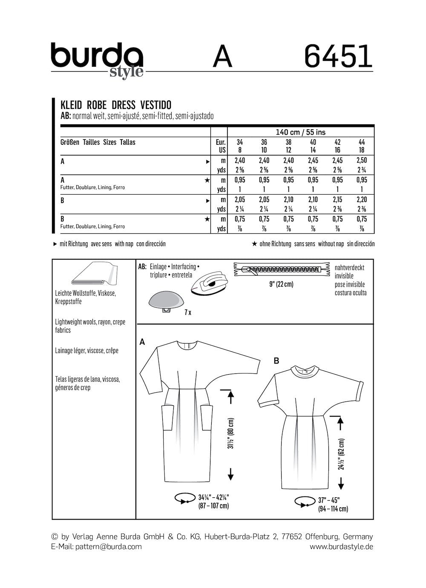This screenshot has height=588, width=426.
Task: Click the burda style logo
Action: point(97,60)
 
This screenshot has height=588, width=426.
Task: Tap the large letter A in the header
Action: point(223,57)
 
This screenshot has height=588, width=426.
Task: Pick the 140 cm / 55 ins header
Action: point(301,132)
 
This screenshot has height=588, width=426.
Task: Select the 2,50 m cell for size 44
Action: point(361,161)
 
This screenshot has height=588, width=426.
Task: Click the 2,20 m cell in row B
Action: point(361,200)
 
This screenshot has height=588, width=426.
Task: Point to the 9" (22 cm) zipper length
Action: point(281,284)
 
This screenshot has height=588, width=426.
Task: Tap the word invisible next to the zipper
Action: point(344,276)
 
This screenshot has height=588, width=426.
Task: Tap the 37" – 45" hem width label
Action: point(332,501)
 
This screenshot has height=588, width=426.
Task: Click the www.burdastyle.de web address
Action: point(341,546)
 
